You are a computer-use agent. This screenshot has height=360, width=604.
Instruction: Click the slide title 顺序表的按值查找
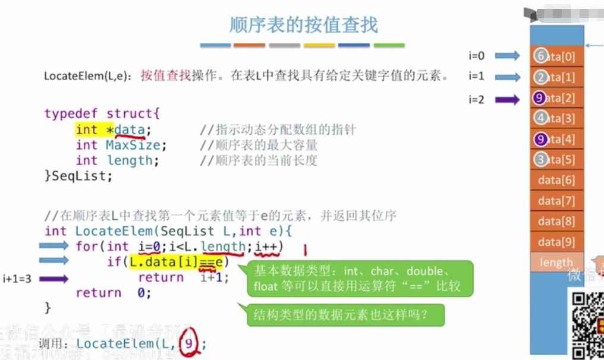[303, 25]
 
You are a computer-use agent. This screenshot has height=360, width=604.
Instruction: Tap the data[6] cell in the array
[556, 180]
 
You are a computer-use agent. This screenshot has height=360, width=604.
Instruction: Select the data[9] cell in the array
[556, 242]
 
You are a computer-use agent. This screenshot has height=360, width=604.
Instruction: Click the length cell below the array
[556, 262]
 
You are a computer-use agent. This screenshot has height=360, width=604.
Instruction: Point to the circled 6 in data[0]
[540, 56]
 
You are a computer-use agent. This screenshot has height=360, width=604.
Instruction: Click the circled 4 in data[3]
[540, 118]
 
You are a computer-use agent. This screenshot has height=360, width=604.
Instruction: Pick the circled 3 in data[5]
[540, 159]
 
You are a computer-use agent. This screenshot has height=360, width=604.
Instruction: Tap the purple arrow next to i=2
[507, 100]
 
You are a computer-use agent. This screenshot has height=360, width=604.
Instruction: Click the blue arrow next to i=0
[507, 56]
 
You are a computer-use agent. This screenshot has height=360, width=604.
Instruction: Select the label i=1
[476, 76]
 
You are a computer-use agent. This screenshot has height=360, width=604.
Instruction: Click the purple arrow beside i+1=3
[54, 277]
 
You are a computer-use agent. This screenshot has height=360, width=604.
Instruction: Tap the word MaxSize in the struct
[133, 145]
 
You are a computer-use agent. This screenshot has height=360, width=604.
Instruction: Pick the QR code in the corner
[587, 324]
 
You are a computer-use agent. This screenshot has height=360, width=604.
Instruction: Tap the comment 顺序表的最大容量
[259, 145]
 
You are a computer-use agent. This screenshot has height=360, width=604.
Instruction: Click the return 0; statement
[113, 292]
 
